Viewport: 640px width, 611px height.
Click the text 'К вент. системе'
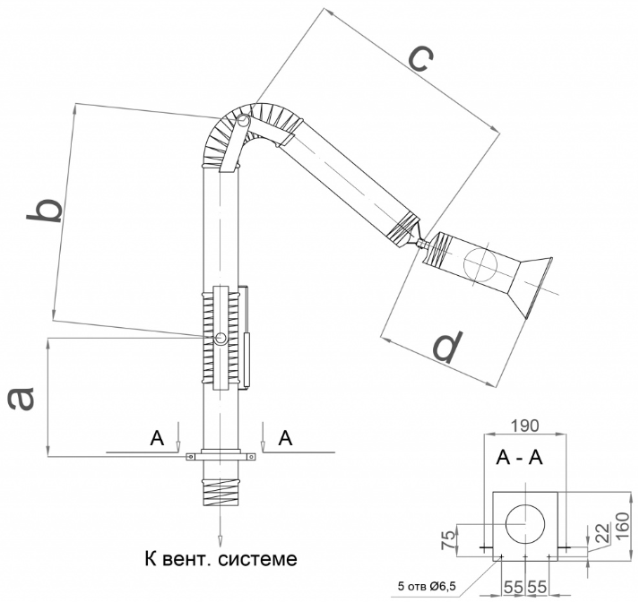point(220,559)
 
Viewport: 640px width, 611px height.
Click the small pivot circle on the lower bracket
point(221,338)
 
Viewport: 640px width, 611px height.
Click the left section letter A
point(158,437)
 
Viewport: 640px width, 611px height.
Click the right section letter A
point(285,437)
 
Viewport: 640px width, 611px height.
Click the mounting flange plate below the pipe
point(221,457)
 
